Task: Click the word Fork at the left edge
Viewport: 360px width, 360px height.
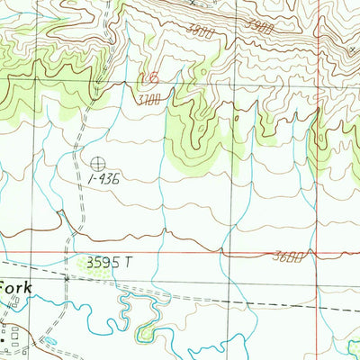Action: pos(15,288)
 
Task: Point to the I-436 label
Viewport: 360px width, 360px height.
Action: pos(104,179)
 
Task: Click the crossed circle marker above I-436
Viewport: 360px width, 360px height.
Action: pos(96,163)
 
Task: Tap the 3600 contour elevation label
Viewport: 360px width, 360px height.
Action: pos(287,257)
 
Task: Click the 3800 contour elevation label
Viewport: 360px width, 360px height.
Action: pos(202,31)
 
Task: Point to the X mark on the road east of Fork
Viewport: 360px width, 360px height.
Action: pos(66,280)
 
